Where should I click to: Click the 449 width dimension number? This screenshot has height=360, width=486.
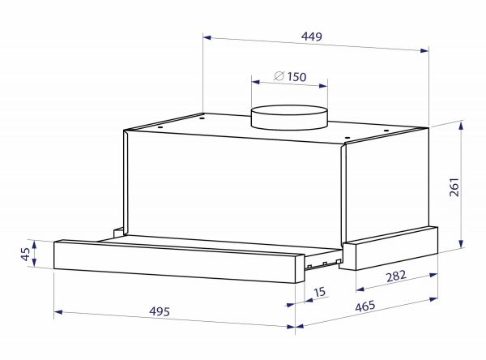(x=312, y=36)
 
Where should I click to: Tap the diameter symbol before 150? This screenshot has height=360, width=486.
(x=278, y=77)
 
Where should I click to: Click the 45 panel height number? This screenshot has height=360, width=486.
(x=26, y=255)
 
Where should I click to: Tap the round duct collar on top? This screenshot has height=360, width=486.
(x=290, y=119)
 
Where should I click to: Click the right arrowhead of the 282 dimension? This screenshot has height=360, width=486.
(x=435, y=272)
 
